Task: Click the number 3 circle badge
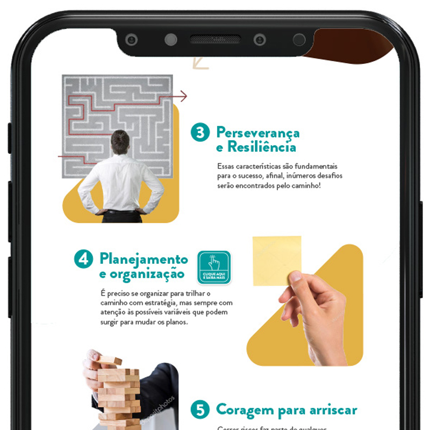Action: [x=200, y=132]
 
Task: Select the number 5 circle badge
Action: [x=200, y=411]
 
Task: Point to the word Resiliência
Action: [x=261, y=147]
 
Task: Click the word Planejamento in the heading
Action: [x=144, y=259]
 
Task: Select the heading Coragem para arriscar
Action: [x=286, y=410]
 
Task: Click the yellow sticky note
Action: [x=276, y=259]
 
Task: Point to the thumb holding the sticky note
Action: [x=295, y=277]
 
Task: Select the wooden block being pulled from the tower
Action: [x=110, y=360]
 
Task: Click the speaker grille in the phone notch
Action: [x=215, y=40]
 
